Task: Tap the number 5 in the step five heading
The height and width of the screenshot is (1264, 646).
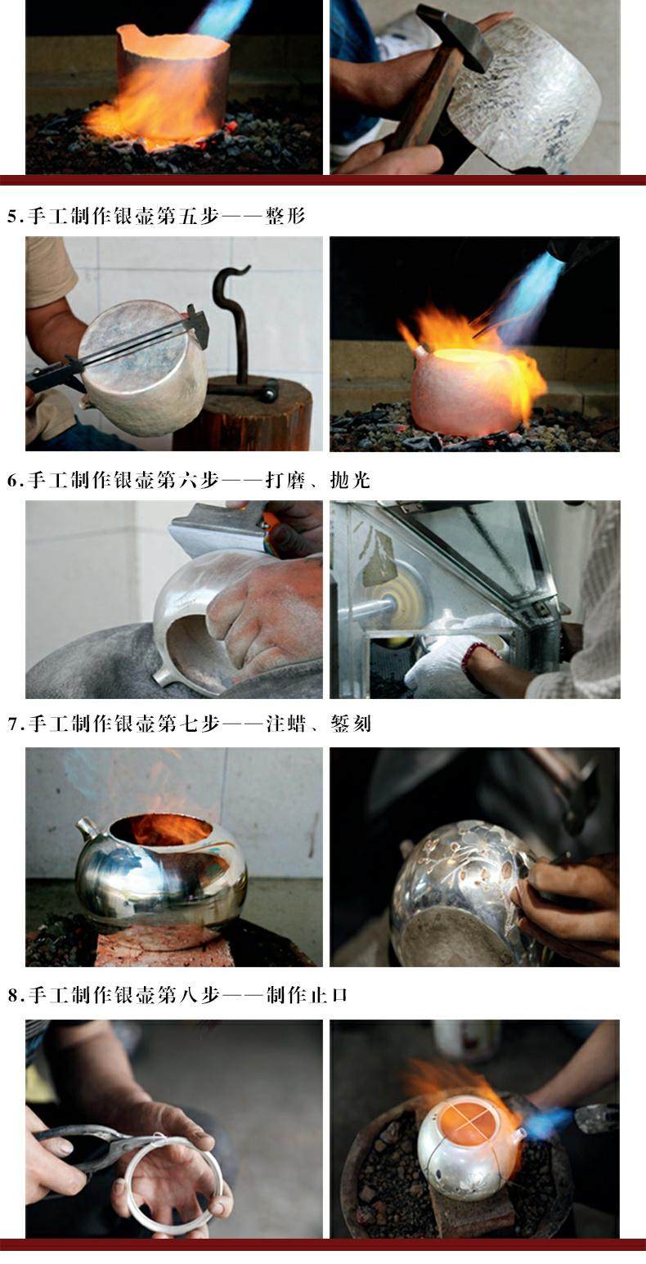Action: point(12,217)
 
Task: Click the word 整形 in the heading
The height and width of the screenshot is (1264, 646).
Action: point(285,216)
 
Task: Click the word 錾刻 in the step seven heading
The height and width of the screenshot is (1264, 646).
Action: point(351,723)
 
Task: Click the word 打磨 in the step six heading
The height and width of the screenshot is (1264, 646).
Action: point(285,480)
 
